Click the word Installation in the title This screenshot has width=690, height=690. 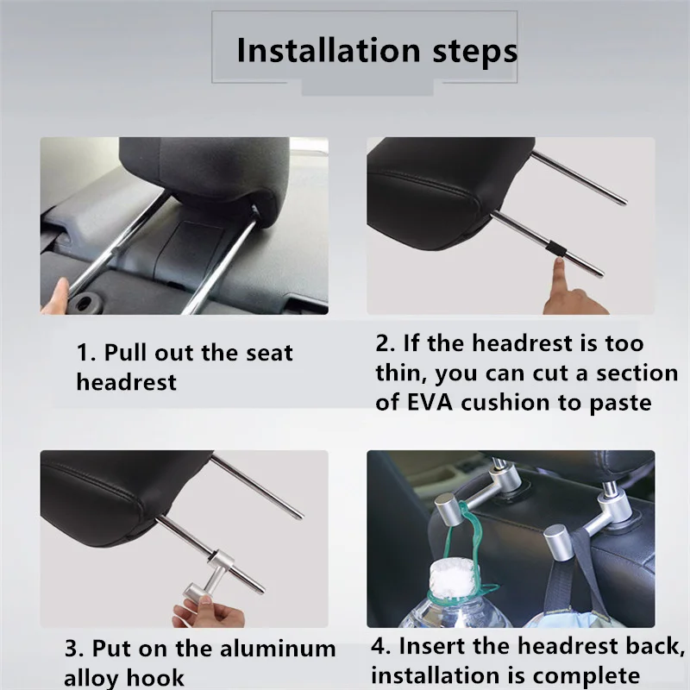(x=329, y=51)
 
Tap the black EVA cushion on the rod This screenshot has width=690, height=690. (x=556, y=248)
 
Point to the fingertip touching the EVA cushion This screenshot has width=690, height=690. (x=559, y=263)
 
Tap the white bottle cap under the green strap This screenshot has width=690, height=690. (x=453, y=578)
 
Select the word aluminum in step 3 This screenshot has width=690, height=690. (x=278, y=649)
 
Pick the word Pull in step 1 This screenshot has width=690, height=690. (x=126, y=353)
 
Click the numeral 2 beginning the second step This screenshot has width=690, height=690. (x=382, y=343)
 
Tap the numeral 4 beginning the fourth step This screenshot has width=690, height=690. (x=378, y=646)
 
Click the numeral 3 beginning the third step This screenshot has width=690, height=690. (x=72, y=649)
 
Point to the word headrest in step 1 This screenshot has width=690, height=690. (x=126, y=381)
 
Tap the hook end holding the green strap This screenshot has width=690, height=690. (x=448, y=509)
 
